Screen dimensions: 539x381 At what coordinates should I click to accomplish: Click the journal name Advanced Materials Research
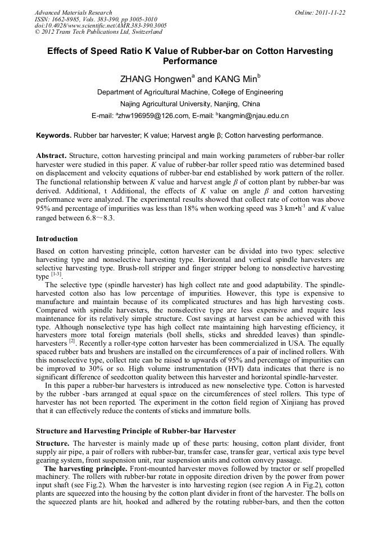(73, 12)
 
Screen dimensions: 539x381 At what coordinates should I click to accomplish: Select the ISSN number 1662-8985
(69, 19)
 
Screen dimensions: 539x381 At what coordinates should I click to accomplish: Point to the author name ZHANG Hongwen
(155, 79)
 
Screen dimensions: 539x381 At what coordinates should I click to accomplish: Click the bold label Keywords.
(53, 135)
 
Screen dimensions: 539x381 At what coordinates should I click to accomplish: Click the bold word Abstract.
(51, 155)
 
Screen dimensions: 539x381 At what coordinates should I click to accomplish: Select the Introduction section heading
(57, 239)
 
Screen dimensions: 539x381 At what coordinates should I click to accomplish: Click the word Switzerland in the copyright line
(135, 33)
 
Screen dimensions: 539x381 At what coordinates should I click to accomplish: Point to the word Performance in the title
(190, 61)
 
